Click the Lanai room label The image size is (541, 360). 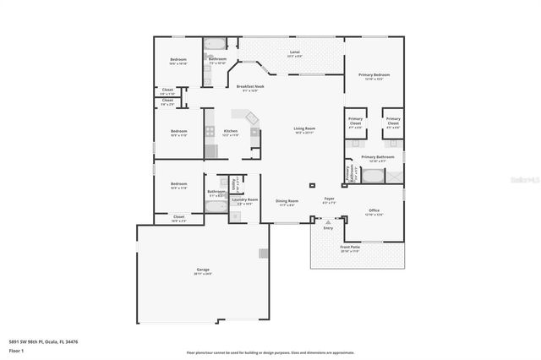295,52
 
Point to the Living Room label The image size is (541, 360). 305,129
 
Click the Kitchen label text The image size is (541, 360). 230,131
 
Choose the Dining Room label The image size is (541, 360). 287,200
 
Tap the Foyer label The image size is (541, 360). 330,199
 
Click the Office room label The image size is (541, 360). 374,210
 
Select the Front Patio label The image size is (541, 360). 350,247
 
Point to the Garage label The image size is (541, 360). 203,270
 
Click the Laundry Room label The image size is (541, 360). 246,200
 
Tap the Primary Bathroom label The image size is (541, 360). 378,156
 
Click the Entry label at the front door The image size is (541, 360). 328,227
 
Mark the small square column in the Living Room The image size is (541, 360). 312,183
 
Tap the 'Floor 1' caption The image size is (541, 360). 16,350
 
